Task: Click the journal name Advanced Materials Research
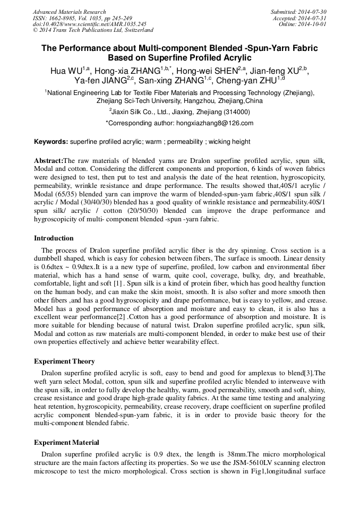[x=69, y=12]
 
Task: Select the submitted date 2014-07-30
[x=314, y=12]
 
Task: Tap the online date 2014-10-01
[x=314, y=24]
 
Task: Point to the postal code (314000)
[x=233, y=112]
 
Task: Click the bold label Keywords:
[x=51, y=142]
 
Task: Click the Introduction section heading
[x=54, y=238]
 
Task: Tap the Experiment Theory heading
[x=64, y=361]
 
